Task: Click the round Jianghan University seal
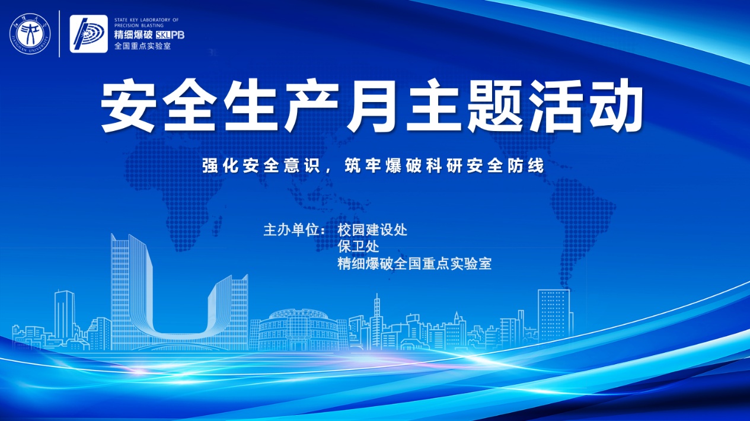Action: coord(30,34)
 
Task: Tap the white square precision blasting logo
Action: coord(89,34)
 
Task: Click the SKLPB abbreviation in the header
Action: coord(170,35)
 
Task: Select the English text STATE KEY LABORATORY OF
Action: coord(146,20)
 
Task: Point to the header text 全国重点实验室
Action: coord(143,46)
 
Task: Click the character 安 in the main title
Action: coord(128,105)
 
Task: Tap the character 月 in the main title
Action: coord(372,105)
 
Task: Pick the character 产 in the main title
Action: coord(311,105)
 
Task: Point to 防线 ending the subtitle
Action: coord(526,165)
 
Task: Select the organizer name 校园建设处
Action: coord(372,230)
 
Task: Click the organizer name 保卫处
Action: coord(358,247)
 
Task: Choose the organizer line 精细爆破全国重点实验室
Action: coord(414,264)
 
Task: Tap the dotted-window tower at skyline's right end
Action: coord(554,314)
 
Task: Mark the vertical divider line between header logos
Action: coord(60,34)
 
